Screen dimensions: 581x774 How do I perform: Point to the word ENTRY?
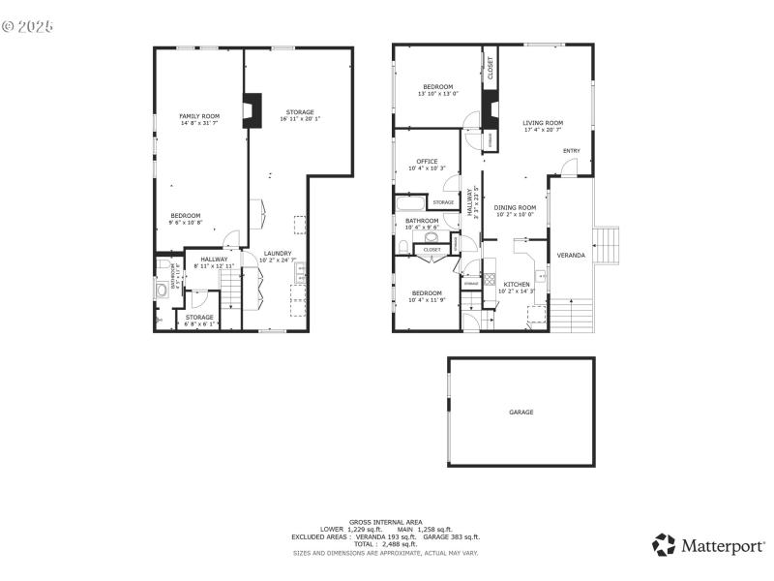(x=572, y=150)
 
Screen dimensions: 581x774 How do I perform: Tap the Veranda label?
(x=571, y=255)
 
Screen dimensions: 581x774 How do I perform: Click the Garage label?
(x=521, y=413)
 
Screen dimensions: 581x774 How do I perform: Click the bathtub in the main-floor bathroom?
(x=411, y=202)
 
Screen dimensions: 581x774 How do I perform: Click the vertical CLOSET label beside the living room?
(x=491, y=67)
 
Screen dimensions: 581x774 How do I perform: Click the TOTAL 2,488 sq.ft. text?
(x=386, y=544)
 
